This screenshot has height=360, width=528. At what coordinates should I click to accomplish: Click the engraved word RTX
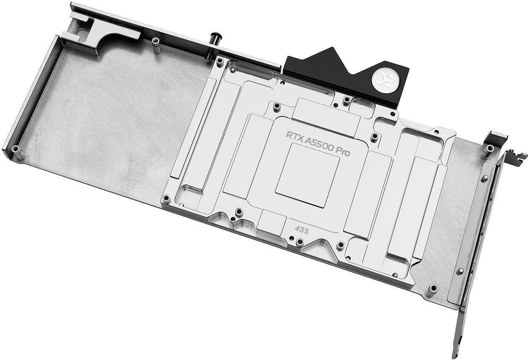point(296,136)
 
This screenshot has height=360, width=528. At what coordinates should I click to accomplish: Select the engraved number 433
point(301,230)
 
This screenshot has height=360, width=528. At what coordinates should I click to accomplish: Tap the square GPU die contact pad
point(307,175)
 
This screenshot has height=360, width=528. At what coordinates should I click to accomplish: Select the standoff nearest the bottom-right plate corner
point(432,289)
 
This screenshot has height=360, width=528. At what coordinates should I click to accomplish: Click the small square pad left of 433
point(271,221)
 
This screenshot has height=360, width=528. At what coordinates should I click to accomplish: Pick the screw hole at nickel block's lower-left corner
point(167,198)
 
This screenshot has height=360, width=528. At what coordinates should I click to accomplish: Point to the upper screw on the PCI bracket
point(484,178)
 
